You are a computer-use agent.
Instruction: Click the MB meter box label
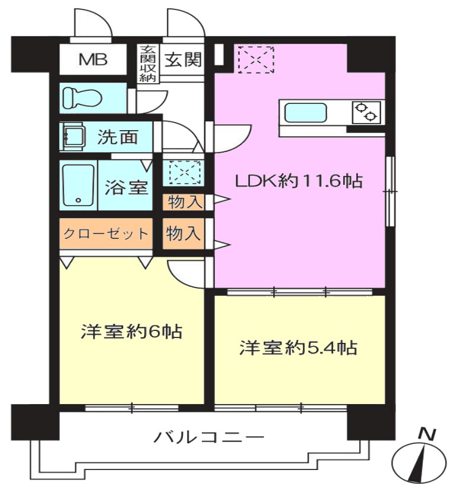coord(93,59)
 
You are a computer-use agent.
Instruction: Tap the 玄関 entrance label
coord(183,59)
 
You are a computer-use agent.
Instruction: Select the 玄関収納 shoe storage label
coord(148,64)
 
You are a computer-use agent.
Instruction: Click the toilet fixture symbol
coord(83,97)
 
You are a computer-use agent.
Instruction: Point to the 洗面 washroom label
coord(118,137)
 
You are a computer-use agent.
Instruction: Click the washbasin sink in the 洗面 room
coord(74,137)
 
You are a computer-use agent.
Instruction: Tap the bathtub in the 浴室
coord(78,185)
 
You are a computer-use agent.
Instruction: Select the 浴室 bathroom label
coord(126,187)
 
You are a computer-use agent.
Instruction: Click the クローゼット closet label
coord(106,234)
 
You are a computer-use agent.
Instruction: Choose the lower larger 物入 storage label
coord(183,233)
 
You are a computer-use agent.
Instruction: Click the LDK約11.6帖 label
coord(299,181)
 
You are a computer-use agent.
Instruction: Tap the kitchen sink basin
coord(305,113)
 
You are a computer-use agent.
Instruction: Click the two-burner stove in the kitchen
coord(366,112)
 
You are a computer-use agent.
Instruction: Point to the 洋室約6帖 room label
coord(131,332)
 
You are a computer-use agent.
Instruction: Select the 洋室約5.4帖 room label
coord(299,348)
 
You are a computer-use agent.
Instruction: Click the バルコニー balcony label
coord(208,437)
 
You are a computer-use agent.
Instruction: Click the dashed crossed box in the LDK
coord(256,59)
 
